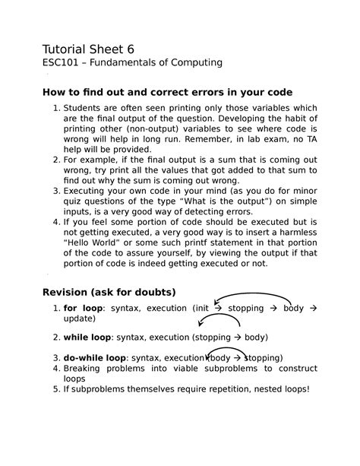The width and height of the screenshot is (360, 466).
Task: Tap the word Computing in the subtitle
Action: point(195,61)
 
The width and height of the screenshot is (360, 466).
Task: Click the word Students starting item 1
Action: point(87,112)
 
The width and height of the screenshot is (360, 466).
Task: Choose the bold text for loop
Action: point(83,308)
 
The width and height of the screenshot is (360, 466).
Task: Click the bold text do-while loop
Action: point(96,357)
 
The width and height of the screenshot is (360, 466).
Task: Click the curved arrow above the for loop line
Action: point(253,296)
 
